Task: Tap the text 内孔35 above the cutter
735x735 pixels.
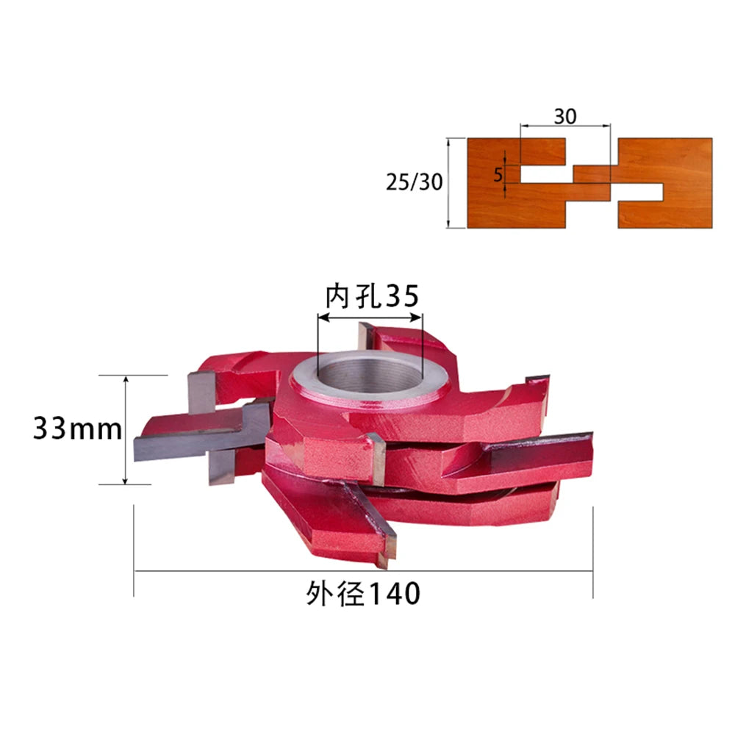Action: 372,295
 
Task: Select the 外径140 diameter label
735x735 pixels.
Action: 363,594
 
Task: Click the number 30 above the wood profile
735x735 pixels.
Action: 564,116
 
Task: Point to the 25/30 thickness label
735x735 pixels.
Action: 414,182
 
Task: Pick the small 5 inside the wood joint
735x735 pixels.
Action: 498,175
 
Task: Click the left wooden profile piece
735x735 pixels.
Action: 516,207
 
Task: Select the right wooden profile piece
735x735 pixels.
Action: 666,159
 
